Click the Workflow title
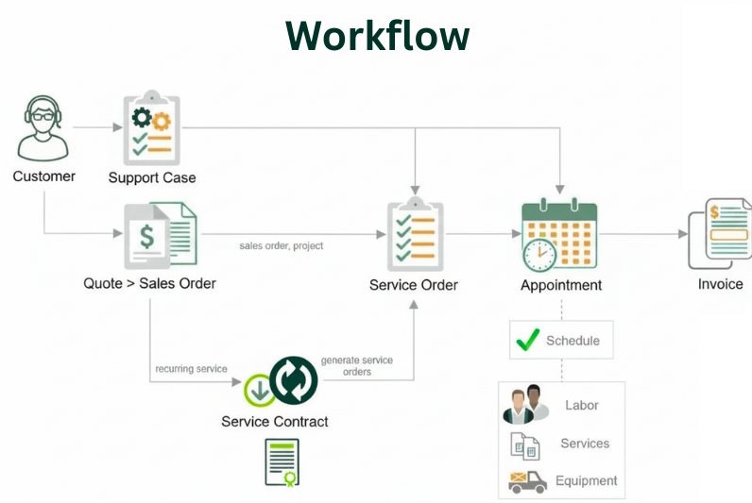tap(377, 36)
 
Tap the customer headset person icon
tap(43, 129)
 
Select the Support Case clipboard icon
tap(151, 128)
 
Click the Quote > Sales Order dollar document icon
tap(161, 235)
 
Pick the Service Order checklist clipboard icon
tap(415, 235)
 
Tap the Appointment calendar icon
tap(559, 236)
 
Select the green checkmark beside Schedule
tap(528, 340)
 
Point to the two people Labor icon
tap(525, 405)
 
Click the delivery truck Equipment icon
tap(527, 481)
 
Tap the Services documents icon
tap(524, 444)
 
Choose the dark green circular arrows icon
tap(294, 380)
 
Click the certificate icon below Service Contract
tap(281, 461)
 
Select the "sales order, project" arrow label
tap(282, 245)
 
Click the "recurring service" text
tap(191, 368)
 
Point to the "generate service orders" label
tap(356, 366)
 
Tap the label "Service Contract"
tap(275, 421)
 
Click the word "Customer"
tap(43, 176)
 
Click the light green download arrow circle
tap(260, 390)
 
